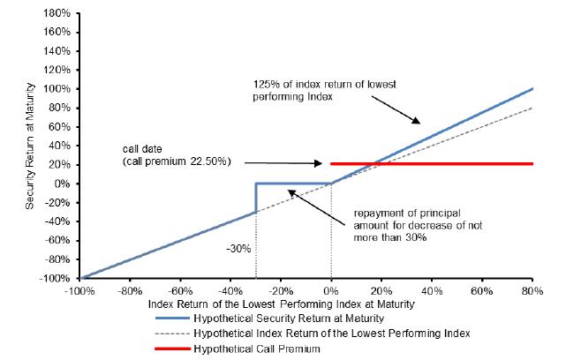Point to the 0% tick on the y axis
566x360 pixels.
pyautogui.click(x=64, y=184)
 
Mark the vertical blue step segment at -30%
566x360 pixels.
pyautogui.click(x=256, y=198)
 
